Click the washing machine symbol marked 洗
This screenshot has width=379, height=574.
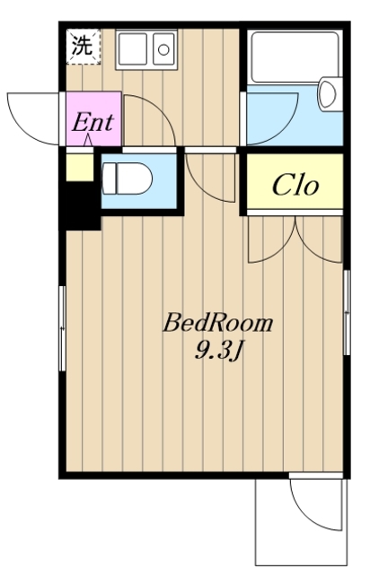tap(84, 47)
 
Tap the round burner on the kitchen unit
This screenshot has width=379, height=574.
tap(163, 49)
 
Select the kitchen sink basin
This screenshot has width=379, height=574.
tap(132, 49)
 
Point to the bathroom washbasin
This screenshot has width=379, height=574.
tap(327, 93)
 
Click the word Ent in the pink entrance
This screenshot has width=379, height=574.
tap(93, 122)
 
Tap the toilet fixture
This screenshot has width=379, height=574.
tap(127, 179)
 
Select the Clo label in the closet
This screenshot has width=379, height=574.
tap(295, 186)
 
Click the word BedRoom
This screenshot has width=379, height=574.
tap(218, 323)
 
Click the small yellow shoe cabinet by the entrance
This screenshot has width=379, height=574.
tap(80, 168)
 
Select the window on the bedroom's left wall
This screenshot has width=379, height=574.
tap(62, 329)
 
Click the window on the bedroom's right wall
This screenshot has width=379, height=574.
tap(347, 312)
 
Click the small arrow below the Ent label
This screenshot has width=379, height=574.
tap(88, 141)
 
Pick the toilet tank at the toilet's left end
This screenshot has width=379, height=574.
tap(110, 178)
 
